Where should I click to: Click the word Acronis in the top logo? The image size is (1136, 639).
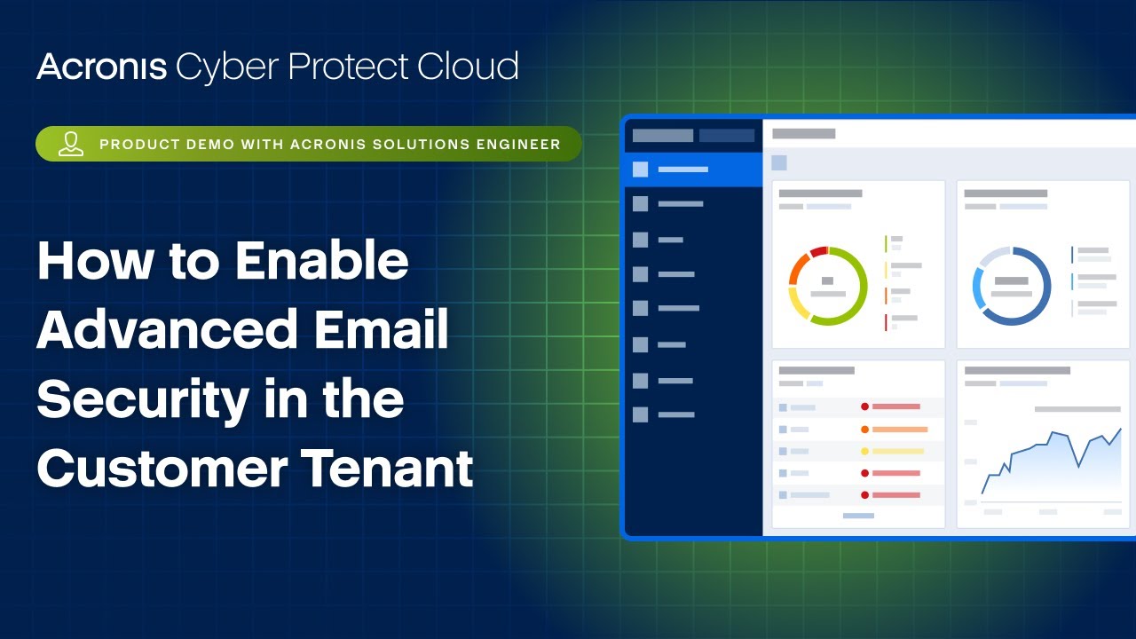(x=101, y=67)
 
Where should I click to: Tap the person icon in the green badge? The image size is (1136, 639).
(x=71, y=144)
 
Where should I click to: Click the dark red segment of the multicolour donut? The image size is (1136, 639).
(x=818, y=252)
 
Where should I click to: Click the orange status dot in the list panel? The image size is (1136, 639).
(x=864, y=430)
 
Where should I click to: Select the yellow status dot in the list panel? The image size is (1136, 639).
(x=864, y=452)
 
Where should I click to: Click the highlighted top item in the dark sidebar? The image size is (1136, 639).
(x=692, y=170)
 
